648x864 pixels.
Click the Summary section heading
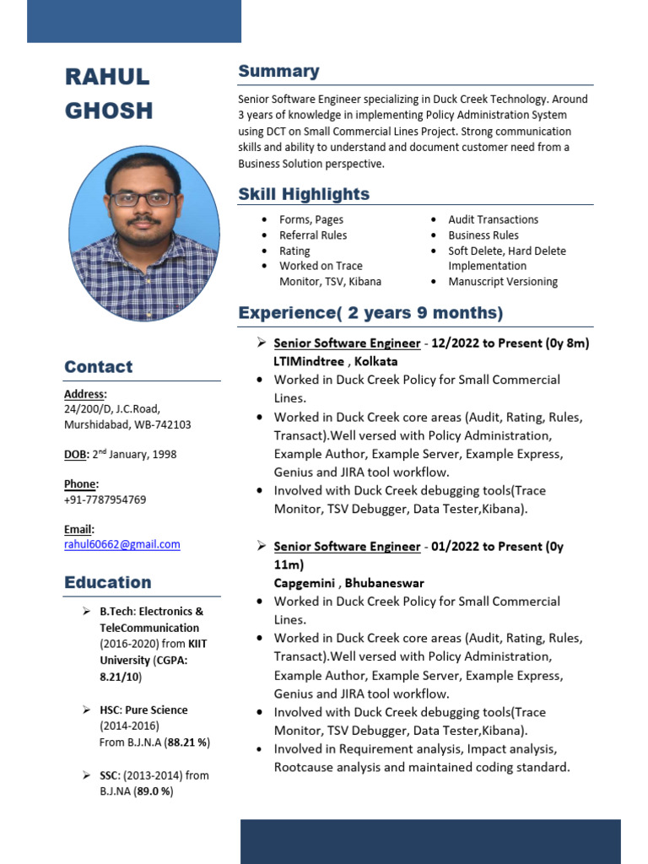(x=278, y=72)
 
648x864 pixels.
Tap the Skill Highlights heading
(x=304, y=194)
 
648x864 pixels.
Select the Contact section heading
(x=98, y=367)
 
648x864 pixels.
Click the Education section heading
(x=108, y=582)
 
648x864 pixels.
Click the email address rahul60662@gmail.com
(x=122, y=544)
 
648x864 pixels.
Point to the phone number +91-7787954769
(x=105, y=499)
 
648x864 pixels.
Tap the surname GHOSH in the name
(x=109, y=111)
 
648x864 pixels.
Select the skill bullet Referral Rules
(x=313, y=235)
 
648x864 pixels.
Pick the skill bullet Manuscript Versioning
(x=503, y=282)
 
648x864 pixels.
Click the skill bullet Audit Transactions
(x=493, y=219)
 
